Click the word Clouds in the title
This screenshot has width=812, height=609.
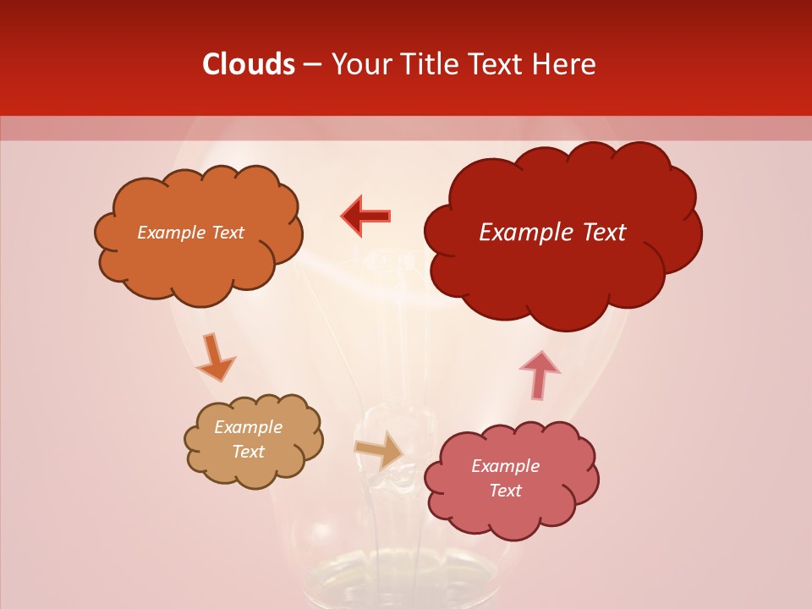(x=249, y=64)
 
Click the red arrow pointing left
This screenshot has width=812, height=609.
(x=366, y=217)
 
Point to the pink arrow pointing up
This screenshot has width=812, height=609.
(x=540, y=374)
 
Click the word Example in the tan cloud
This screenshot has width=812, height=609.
(x=249, y=427)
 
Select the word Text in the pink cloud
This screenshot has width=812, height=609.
(x=505, y=491)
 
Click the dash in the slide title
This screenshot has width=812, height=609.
(x=311, y=65)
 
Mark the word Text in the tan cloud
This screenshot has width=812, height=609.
(x=249, y=452)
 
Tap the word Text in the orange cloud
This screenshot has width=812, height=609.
(x=227, y=233)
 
